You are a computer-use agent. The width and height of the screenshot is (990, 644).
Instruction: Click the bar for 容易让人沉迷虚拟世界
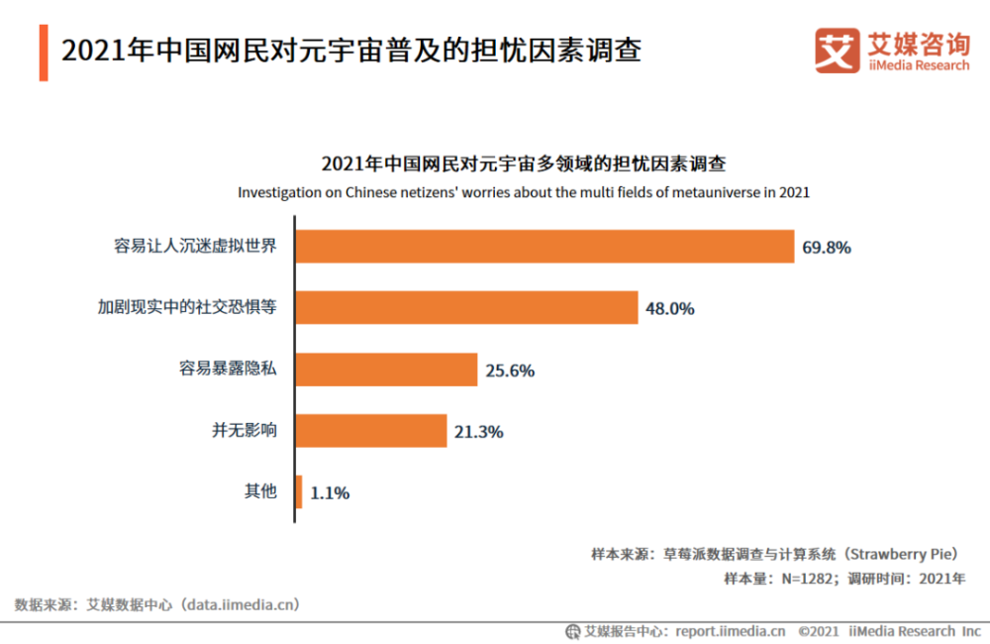coord(544,247)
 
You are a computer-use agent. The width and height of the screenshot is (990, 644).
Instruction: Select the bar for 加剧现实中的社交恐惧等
coord(466,307)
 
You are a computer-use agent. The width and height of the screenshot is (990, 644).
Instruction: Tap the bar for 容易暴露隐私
coord(386,370)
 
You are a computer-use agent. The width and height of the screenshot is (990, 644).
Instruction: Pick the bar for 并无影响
coord(371,431)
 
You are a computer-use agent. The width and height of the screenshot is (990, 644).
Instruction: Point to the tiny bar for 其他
coord(299,492)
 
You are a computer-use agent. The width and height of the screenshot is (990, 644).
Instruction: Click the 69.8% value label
coord(827,248)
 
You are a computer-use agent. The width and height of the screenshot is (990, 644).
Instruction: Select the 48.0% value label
coord(670,308)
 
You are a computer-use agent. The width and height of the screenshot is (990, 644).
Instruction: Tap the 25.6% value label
coord(510,371)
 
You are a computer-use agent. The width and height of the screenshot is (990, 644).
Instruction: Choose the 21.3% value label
coord(479,432)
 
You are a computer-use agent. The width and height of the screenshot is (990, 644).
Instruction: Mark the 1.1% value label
coord(330,493)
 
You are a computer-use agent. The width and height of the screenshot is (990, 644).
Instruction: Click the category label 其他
coord(261,491)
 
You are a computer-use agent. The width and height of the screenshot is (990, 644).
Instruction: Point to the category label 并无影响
coord(245,430)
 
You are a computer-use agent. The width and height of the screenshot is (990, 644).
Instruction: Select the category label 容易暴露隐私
coord(228,369)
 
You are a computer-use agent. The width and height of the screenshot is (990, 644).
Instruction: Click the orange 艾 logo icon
coord(837,51)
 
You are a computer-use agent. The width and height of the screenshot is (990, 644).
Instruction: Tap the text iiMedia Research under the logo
coord(918,65)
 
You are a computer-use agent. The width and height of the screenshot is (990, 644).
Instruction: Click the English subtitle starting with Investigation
coord(524,192)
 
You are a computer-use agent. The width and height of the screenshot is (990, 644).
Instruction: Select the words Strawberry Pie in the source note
coord(905,554)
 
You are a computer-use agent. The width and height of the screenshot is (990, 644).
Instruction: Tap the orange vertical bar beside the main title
coord(44,53)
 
